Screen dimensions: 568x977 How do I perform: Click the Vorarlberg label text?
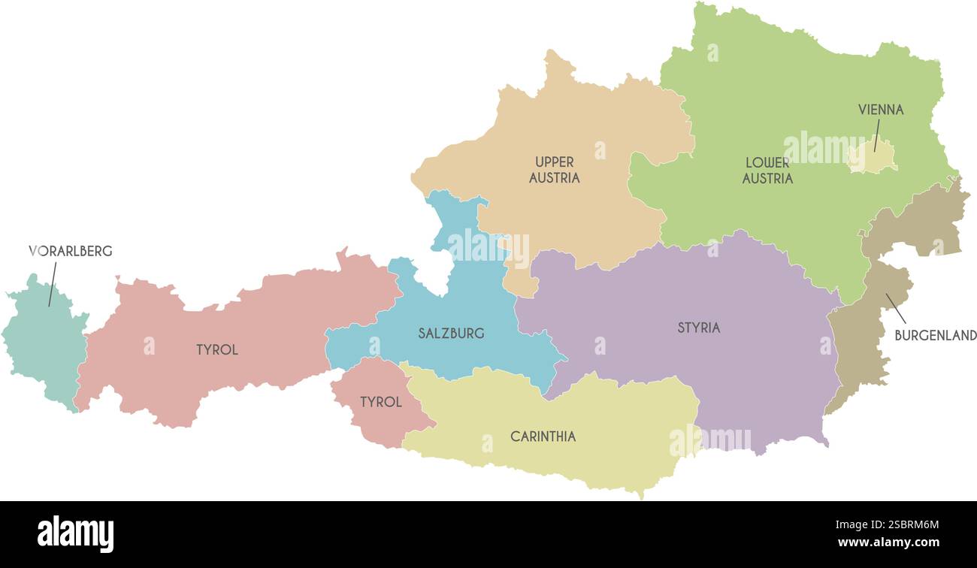pos(71,251)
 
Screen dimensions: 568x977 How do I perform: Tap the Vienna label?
pos(881,110)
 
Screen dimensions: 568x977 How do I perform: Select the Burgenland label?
pos(935,335)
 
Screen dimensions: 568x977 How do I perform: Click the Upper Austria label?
pos(555,170)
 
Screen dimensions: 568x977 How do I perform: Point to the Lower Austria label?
pos(767,171)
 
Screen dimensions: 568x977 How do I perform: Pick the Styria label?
pos(698,328)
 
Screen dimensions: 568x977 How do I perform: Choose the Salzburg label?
pos(451,333)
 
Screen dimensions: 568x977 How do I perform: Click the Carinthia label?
pos(543,437)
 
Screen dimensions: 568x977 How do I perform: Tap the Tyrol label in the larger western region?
pos(216,349)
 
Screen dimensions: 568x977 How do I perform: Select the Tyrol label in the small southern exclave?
pos(380,402)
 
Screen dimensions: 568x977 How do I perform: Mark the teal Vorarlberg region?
pos(45,346)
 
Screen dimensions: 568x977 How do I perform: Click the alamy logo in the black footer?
pos(75,534)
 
